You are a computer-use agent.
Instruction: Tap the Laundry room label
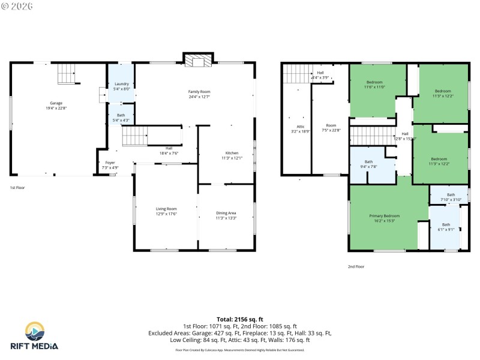[x=121, y=84]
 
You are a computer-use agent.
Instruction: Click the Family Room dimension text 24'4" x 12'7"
[x=199, y=97]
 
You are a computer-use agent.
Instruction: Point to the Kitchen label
[x=232, y=152]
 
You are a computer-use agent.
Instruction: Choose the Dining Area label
[x=226, y=212]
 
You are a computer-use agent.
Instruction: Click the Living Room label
[x=166, y=208]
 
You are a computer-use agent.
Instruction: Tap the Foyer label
[x=110, y=163]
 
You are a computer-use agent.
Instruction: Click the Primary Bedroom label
[x=384, y=215]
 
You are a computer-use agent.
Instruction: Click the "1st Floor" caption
[x=17, y=188]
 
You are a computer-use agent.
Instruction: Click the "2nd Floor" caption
[x=356, y=266]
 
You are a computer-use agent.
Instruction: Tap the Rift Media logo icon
[x=34, y=331]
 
